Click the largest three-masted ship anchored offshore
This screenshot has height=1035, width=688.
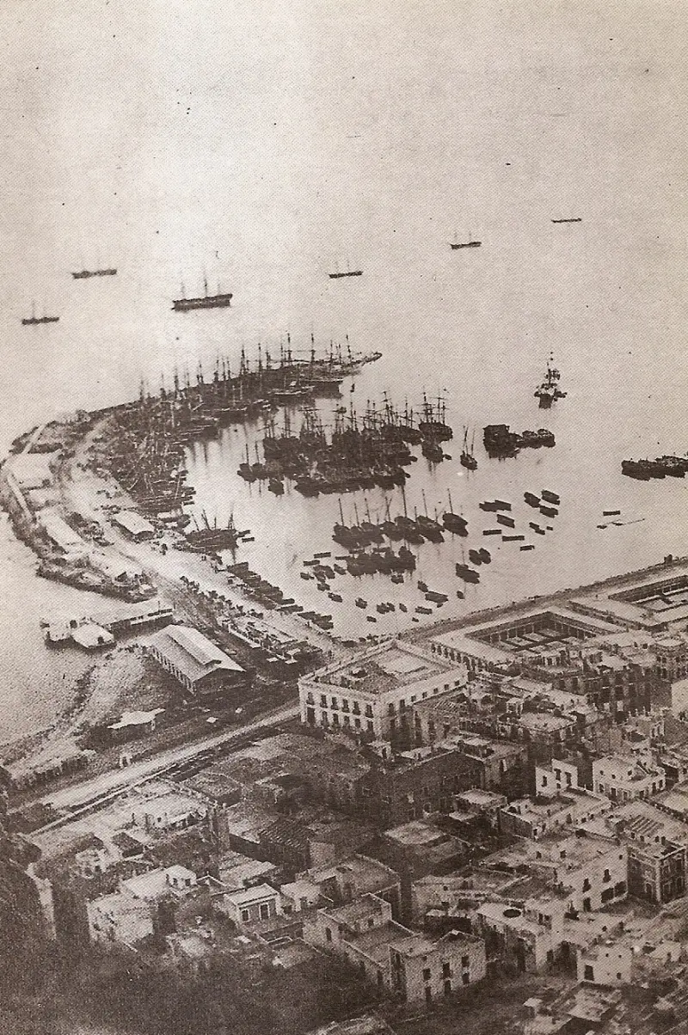click(x=202, y=300)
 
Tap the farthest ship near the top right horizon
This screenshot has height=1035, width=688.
click(x=567, y=220)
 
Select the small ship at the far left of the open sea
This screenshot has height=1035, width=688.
click(x=40, y=320)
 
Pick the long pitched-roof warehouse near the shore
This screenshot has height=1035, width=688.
click(x=196, y=657)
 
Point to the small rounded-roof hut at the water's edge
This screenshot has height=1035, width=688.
click(x=91, y=635)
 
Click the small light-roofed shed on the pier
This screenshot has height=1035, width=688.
click(x=133, y=522)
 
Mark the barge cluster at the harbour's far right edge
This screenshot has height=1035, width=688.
click(x=656, y=467)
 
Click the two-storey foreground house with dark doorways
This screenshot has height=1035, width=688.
click(x=439, y=967)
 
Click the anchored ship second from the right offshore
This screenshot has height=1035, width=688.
click(x=465, y=244)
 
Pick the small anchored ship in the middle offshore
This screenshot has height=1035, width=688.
click(x=345, y=273)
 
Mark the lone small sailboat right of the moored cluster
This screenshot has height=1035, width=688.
click(x=468, y=457)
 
